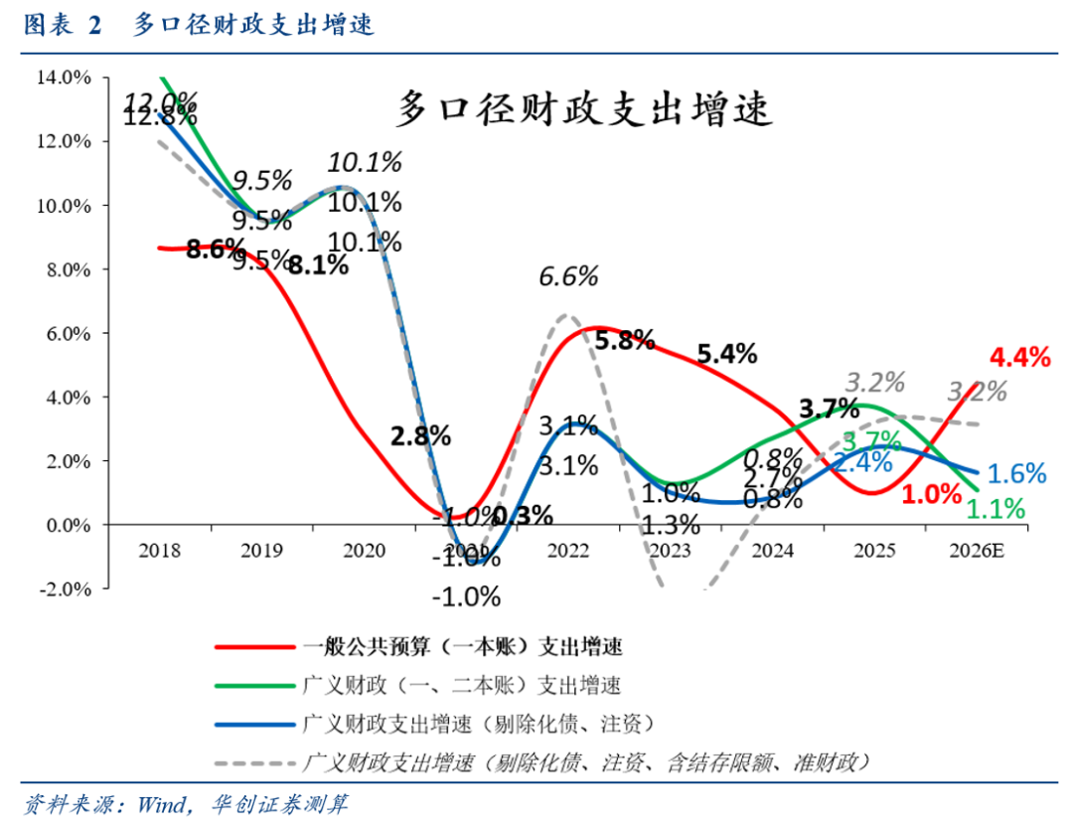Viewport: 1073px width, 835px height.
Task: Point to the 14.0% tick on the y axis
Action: [63, 78]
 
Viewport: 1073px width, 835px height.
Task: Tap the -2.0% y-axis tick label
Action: [63, 588]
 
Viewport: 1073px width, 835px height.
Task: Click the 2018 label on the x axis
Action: [160, 550]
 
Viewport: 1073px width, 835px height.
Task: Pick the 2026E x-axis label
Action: [978, 550]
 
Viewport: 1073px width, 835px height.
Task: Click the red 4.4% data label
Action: [1019, 357]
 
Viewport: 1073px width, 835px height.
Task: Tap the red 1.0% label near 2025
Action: [932, 492]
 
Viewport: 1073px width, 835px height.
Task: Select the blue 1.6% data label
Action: [1017, 474]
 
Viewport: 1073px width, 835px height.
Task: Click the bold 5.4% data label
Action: [727, 353]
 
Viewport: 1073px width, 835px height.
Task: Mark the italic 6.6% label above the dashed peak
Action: [568, 276]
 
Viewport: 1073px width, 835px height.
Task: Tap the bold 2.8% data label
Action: [420, 434]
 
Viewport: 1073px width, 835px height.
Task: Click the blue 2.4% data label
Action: [861, 461]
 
